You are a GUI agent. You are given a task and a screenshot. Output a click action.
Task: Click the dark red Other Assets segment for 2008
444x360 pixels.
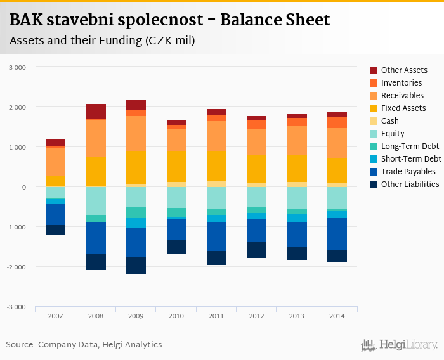96,111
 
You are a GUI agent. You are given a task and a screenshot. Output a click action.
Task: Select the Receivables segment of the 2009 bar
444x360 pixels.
136,132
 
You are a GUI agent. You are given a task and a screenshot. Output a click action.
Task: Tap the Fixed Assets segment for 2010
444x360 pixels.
176,166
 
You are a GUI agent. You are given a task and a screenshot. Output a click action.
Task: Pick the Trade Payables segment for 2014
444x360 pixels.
336,234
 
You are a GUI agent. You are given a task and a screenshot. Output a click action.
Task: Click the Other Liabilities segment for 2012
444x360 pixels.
256,250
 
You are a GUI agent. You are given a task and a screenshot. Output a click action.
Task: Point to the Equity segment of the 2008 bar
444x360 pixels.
96,201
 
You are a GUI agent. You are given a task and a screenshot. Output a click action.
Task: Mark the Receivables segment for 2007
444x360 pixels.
55,162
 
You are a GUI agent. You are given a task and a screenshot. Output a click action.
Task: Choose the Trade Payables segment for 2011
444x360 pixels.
216,236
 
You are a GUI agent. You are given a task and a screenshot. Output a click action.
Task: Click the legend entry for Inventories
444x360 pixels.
401,83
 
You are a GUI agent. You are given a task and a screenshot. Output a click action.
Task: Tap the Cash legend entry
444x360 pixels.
390,121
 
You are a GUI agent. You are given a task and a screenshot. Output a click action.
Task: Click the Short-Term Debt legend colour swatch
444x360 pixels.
374,159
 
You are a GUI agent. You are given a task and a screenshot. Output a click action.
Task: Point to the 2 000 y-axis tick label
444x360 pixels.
17,107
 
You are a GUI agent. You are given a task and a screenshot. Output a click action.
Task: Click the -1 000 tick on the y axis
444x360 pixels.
16,227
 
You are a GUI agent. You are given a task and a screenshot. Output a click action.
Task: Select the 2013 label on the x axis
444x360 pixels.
297,316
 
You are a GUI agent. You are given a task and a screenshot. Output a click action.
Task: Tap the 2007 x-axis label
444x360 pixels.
55,316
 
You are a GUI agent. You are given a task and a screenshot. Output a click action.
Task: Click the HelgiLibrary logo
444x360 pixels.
400,345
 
